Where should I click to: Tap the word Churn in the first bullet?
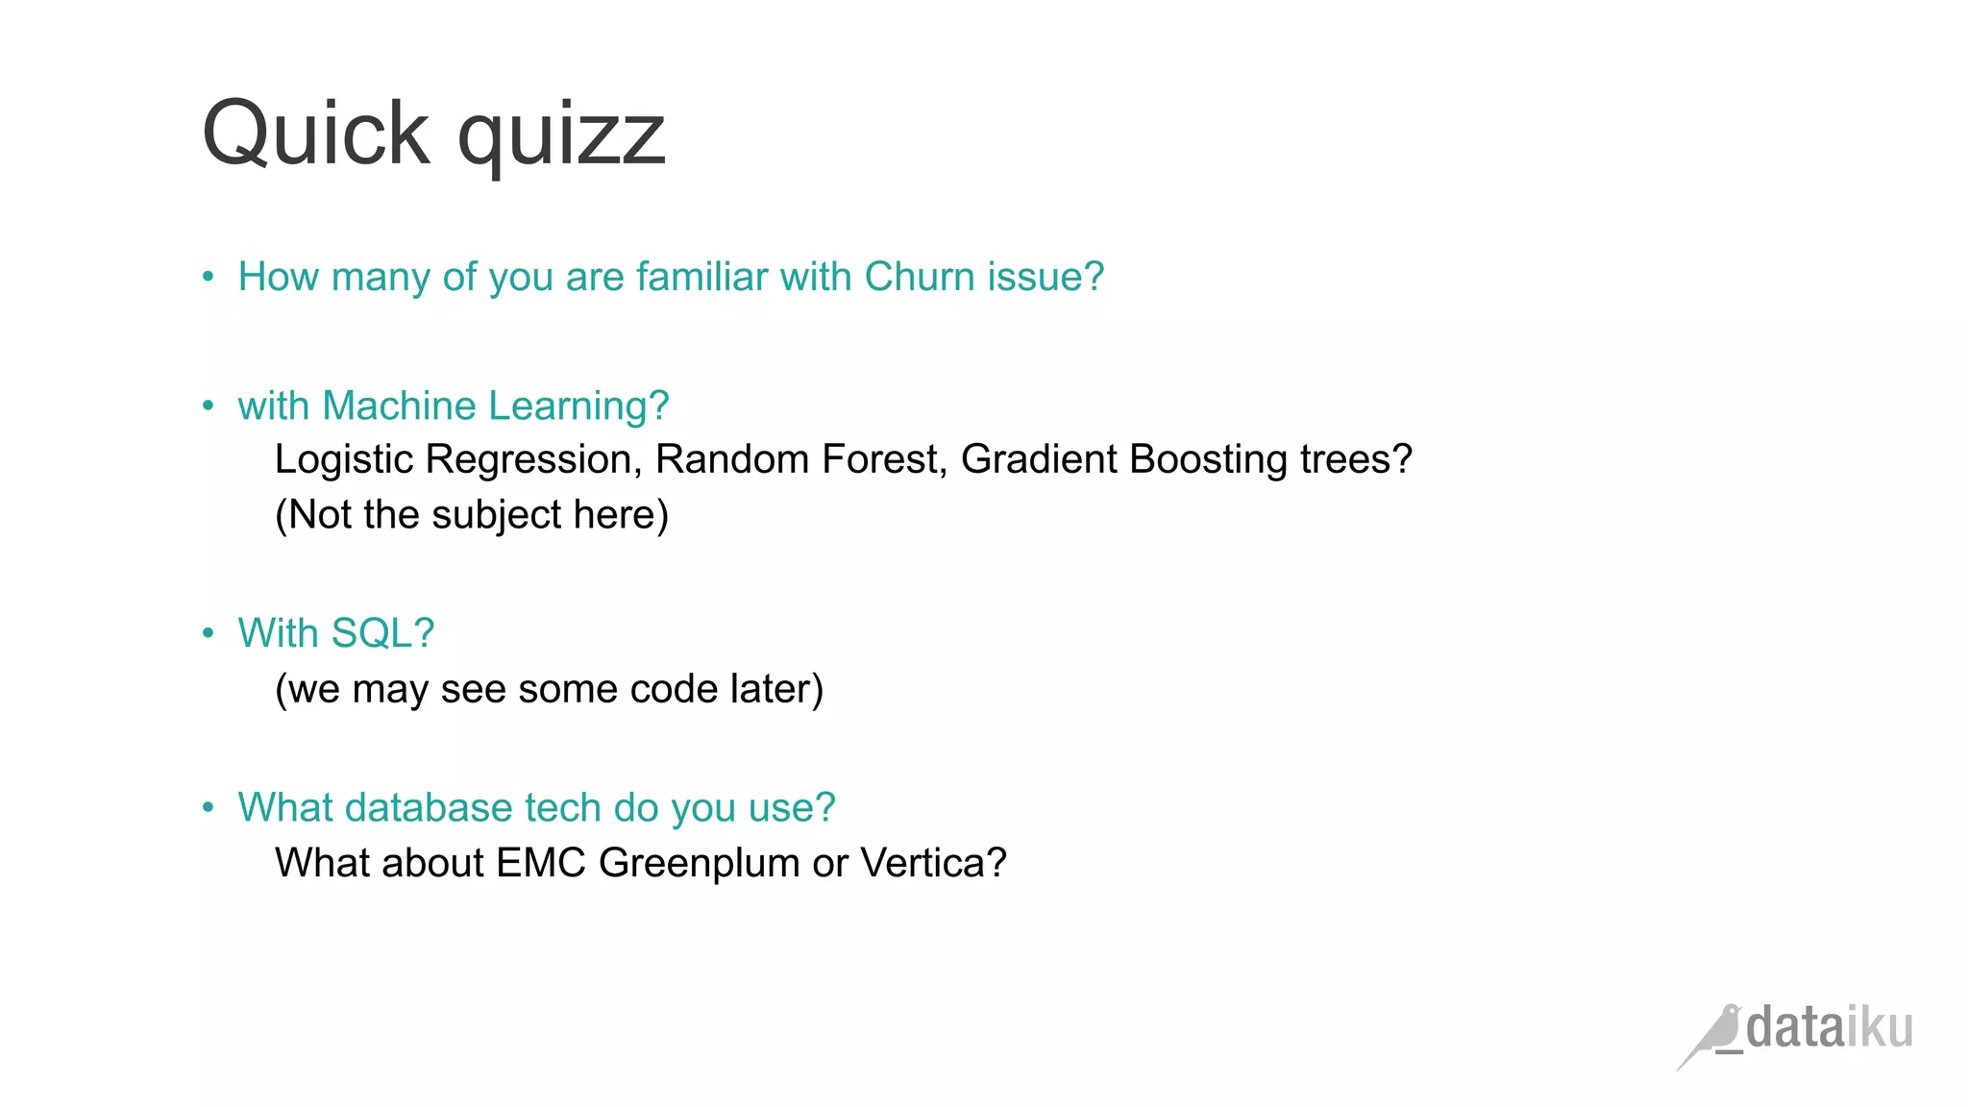pos(920,277)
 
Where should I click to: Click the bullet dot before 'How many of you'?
pos(209,277)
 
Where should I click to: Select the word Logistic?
pos(343,460)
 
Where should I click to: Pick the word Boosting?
pos(1208,460)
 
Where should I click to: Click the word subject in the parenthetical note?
pos(496,516)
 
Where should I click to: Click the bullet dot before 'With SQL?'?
pos(209,633)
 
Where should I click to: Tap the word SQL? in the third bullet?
pos(382,633)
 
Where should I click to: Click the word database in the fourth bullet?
pos(429,807)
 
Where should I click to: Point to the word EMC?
pos(541,863)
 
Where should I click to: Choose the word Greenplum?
pos(699,864)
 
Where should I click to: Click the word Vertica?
pos(932,863)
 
